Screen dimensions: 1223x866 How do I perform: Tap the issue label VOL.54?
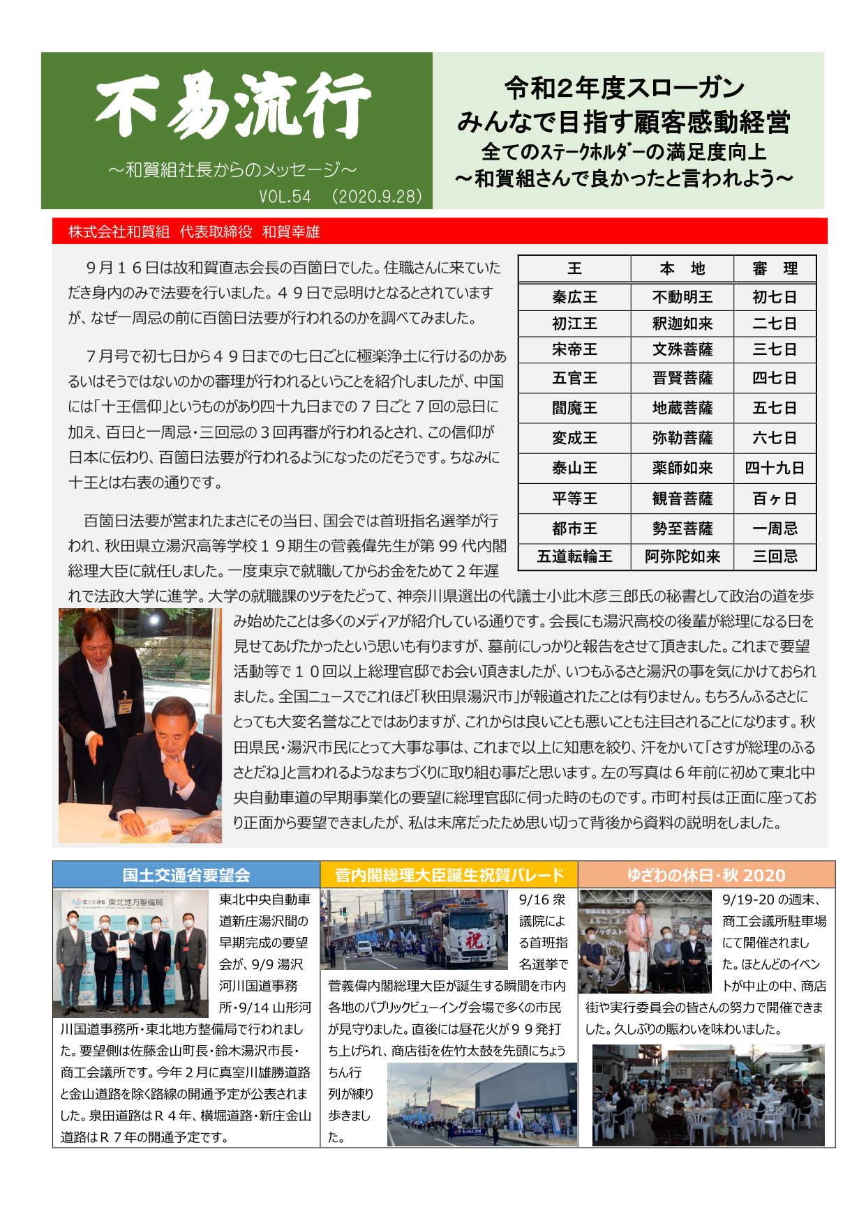click(285, 197)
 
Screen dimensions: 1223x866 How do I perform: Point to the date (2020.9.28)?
click(378, 197)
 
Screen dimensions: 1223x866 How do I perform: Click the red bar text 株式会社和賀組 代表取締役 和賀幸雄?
click(194, 231)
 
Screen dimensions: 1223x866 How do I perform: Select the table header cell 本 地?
click(682, 269)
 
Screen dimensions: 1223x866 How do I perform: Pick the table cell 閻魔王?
click(574, 408)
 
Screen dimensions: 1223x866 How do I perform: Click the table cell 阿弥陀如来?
click(682, 556)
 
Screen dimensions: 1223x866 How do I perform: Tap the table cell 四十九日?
click(775, 468)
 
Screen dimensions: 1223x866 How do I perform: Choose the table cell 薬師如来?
click(682, 468)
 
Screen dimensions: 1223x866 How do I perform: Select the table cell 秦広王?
click(574, 297)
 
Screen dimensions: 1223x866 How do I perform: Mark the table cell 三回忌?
click(775, 556)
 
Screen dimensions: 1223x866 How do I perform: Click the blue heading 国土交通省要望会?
click(186, 875)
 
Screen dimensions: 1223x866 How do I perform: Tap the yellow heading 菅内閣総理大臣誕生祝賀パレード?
click(449, 875)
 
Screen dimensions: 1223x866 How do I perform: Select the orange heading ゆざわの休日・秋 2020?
click(706, 875)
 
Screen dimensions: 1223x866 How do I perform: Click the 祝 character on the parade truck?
click(475, 940)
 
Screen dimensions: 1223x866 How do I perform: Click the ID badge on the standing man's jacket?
click(125, 706)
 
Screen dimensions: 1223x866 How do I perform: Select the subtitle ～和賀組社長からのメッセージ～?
click(233, 169)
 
